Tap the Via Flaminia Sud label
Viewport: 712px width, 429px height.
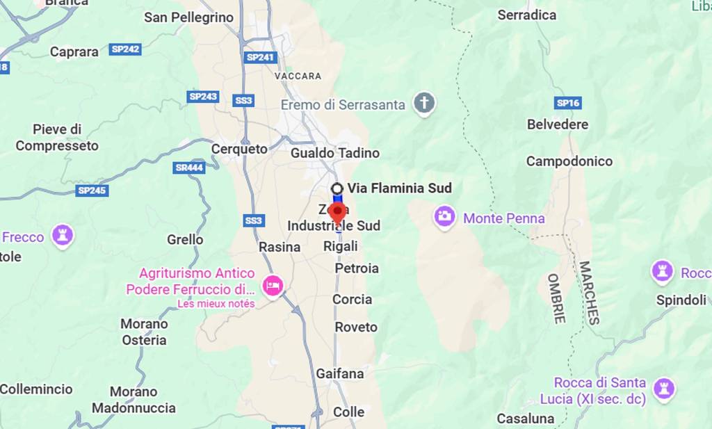tap(399, 188)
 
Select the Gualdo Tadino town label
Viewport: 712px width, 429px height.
tap(335, 153)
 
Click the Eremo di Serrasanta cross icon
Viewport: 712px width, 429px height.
tap(423, 104)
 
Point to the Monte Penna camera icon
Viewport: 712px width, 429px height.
tap(444, 217)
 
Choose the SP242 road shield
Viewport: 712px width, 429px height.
tap(125, 49)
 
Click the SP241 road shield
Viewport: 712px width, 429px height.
tap(261, 57)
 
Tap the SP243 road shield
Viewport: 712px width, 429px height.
tap(203, 97)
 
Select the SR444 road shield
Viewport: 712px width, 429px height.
tap(188, 168)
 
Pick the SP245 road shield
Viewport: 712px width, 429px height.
tap(92, 190)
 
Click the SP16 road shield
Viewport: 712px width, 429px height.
tap(567, 103)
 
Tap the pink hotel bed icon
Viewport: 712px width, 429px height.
tap(273, 285)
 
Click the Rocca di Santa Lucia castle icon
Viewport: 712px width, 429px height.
tap(663, 389)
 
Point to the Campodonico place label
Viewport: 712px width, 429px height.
tap(569, 161)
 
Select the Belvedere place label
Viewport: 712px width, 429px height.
tap(557, 124)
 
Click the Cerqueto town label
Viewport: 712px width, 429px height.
tap(239, 149)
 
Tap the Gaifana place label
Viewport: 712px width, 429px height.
tap(339, 373)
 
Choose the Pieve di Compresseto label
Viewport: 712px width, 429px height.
tap(57, 138)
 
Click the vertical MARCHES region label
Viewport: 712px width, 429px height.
tap(588, 293)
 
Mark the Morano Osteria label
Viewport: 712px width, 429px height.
tap(144, 332)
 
